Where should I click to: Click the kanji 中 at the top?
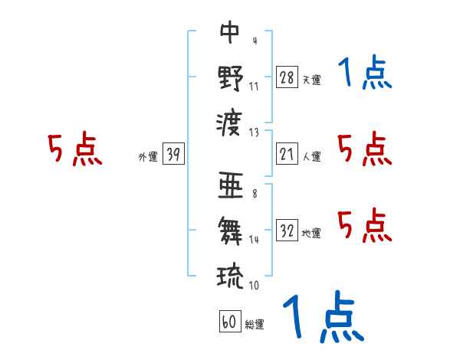tap(231, 33)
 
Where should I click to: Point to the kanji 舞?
tap(231, 230)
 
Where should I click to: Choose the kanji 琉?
tap(231, 273)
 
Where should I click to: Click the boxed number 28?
tap(287, 77)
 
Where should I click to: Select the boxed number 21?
tap(287, 154)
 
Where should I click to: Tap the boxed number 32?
tap(287, 231)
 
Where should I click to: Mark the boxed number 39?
tap(173, 154)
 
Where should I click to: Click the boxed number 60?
tap(228, 322)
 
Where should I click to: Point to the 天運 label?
tap(311, 80)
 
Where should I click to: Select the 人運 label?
tap(311, 156)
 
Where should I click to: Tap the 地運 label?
tap(311, 233)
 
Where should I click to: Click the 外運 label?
tap(148, 156)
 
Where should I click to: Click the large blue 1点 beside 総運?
tap(322, 318)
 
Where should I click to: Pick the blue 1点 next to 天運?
tap(364, 74)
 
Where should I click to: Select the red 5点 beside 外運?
tap(74, 150)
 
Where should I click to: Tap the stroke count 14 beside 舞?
tap(255, 240)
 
